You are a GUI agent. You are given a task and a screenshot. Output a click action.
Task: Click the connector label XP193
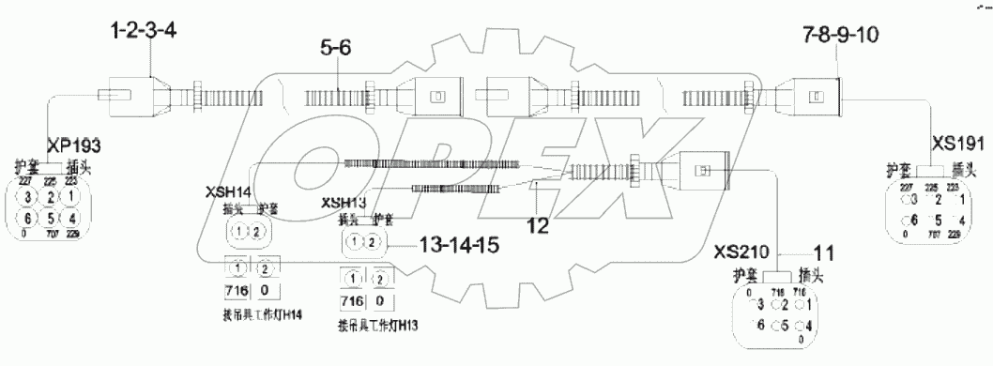[x=67, y=145]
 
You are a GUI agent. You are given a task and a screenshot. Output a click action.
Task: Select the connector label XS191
[x=957, y=145]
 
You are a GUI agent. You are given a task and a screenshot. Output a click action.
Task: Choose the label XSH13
[x=344, y=203]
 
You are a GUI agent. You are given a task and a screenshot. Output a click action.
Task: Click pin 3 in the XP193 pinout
[x=27, y=196]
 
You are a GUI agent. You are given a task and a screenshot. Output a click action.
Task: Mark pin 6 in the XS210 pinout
[x=756, y=327]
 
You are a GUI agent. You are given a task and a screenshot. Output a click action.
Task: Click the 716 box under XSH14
[x=236, y=289]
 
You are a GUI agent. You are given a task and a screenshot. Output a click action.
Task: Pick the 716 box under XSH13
[x=352, y=301]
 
